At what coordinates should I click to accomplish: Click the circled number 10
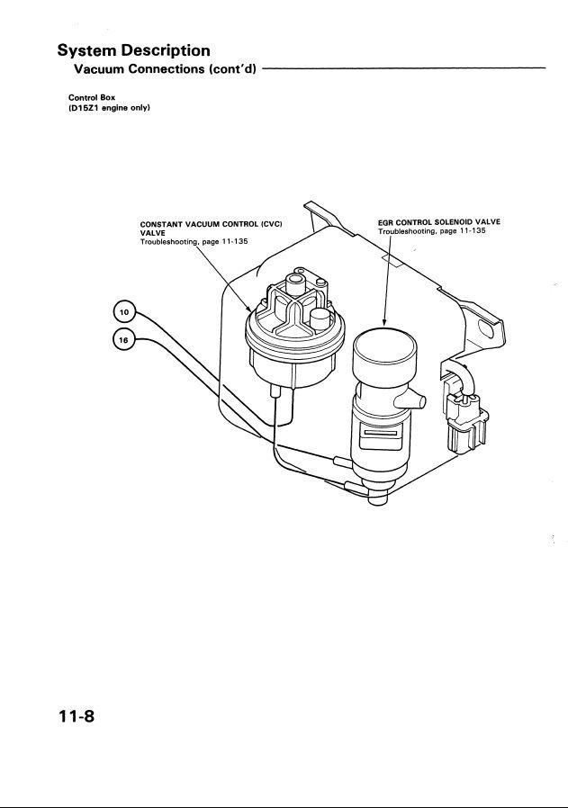click(124, 312)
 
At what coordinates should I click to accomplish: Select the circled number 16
click(124, 339)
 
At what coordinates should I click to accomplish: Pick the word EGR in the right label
click(386, 221)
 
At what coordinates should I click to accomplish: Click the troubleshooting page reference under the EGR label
click(431, 231)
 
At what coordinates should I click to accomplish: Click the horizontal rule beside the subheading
click(405, 68)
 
